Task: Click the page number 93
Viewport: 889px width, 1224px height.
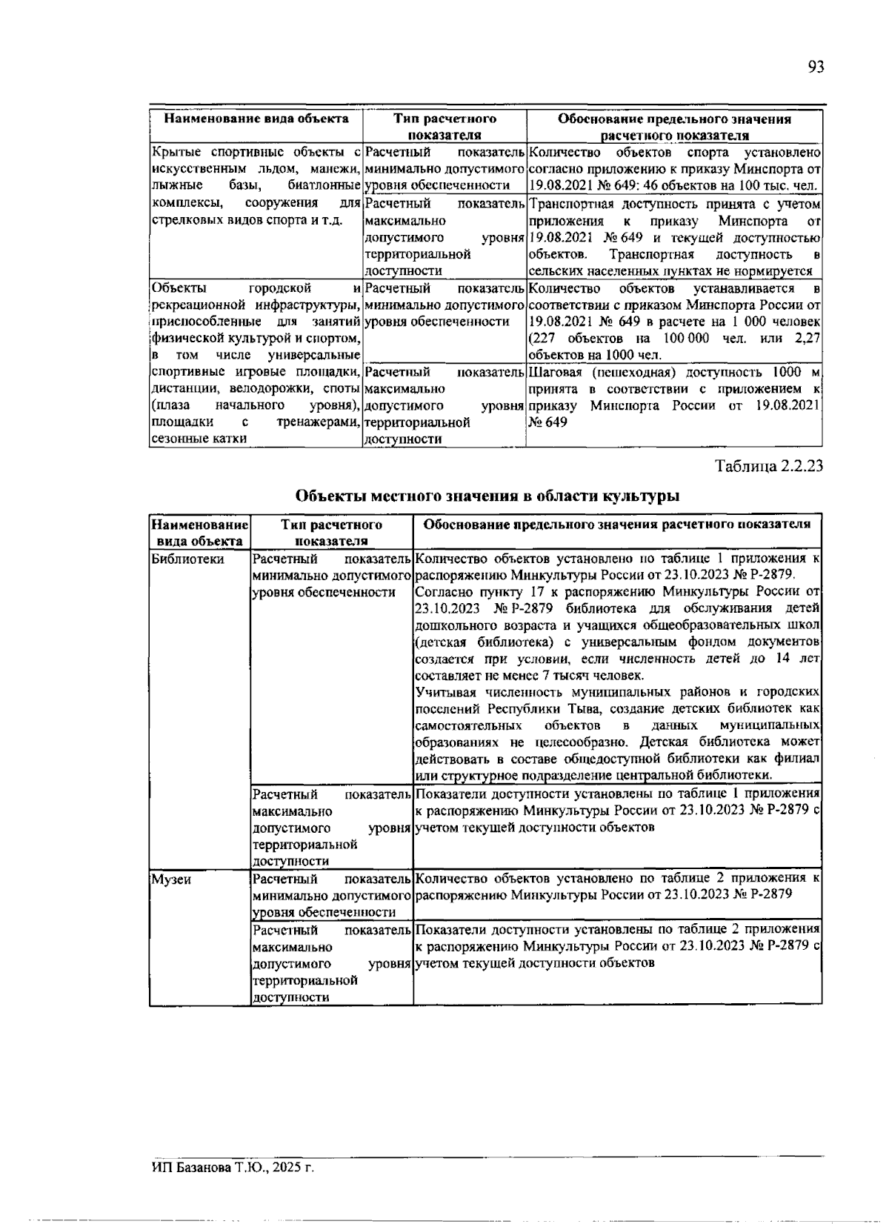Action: point(815,67)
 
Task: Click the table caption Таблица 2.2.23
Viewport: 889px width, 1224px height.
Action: point(768,467)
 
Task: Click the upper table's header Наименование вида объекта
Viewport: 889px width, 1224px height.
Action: point(256,119)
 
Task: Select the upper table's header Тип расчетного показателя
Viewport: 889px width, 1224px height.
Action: point(444,127)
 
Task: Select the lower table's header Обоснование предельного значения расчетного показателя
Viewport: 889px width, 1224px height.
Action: point(616,525)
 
